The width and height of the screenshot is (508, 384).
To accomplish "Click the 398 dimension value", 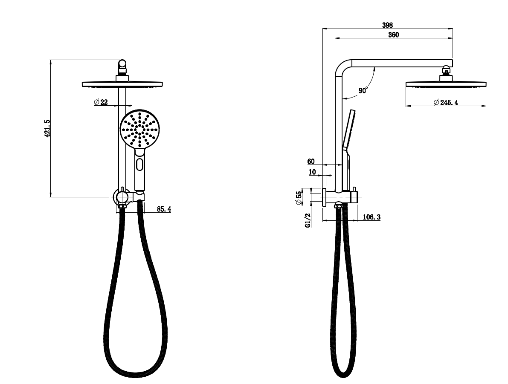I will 387,25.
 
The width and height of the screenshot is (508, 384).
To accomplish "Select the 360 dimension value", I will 393,35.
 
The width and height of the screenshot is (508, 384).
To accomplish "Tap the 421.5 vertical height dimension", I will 47,128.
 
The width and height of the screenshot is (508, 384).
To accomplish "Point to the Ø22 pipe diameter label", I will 101,102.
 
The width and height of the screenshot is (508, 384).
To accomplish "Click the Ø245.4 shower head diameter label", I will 446,102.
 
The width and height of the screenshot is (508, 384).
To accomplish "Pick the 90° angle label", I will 363,90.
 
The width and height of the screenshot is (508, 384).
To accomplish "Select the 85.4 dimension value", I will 164,209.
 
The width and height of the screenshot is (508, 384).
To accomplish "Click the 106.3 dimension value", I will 372,217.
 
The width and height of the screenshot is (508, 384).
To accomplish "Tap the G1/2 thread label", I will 308,220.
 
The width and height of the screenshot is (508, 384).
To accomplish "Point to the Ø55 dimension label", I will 299,197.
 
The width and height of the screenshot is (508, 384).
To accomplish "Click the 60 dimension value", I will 311,161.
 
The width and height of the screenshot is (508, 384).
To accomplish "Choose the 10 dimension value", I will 312,172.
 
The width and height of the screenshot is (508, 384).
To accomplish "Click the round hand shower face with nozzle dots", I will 139,129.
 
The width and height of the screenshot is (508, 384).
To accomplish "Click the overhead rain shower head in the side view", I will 446,84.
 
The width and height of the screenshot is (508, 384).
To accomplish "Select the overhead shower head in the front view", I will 122,83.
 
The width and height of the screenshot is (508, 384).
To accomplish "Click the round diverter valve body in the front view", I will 122,197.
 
